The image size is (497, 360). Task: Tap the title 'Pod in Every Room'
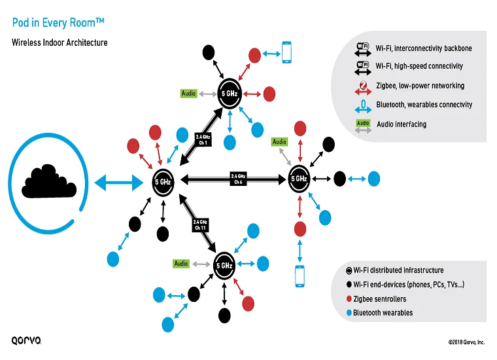click(x=58, y=24)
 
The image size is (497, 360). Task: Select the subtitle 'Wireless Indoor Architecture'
click(x=60, y=43)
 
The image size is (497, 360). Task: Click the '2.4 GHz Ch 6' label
click(x=238, y=178)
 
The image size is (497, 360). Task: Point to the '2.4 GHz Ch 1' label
click(x=203, y=139)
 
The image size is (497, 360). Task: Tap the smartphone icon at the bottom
click(x=300, y=276)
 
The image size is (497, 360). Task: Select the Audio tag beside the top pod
click(x=188, y=94)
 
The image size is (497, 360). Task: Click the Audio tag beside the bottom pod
click(x=181, y=264)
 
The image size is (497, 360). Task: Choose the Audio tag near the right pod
click(x=279, y=142)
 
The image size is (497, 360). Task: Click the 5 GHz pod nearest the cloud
click(x=163, y=181)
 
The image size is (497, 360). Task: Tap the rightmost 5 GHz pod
click(x=299, y=179)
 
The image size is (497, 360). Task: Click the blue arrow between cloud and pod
click(x=118, y=181)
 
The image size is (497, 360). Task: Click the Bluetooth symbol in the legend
click(x=362, y=105)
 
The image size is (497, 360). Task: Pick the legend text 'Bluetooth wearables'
click(x=383, y=313)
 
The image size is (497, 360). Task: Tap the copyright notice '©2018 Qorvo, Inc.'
click(x=466, y=342)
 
